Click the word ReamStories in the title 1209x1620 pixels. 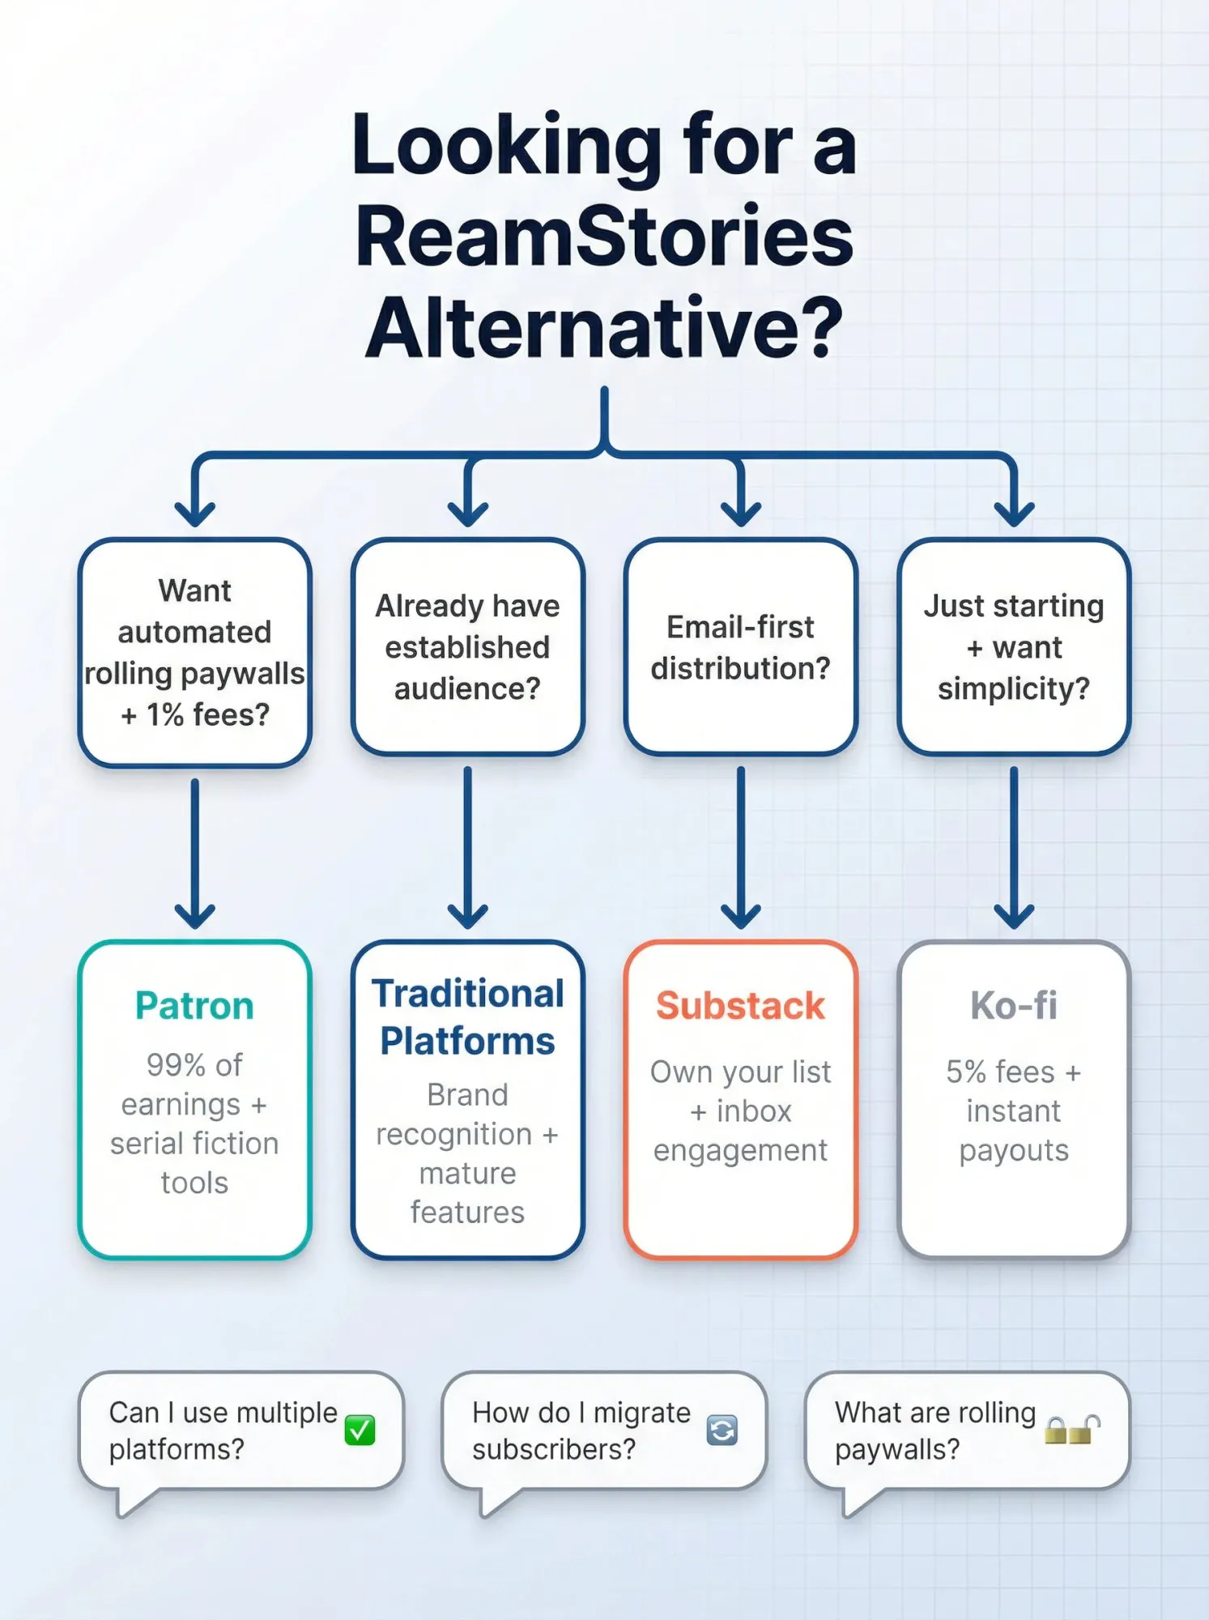[604, 237]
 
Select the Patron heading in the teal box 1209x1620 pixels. [194, 1006]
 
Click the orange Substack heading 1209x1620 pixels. [740, 1006]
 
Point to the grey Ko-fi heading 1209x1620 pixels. [1014, 1006]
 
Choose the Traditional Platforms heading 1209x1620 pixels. [468, 1017]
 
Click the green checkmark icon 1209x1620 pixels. [360, 1430]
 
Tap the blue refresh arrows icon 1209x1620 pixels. [722, 1430]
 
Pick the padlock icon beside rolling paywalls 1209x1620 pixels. [1072, 1430]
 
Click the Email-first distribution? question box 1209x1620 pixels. [740, 647]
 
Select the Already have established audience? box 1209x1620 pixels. [468, 647]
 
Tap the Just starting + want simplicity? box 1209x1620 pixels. [1014, 647]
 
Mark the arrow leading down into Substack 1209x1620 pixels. [740, 850]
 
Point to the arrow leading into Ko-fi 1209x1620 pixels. [1014, 850]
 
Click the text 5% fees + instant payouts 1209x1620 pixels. [1014, 1111]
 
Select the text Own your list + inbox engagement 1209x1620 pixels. [740, 1111]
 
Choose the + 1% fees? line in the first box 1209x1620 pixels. [195, 715]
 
